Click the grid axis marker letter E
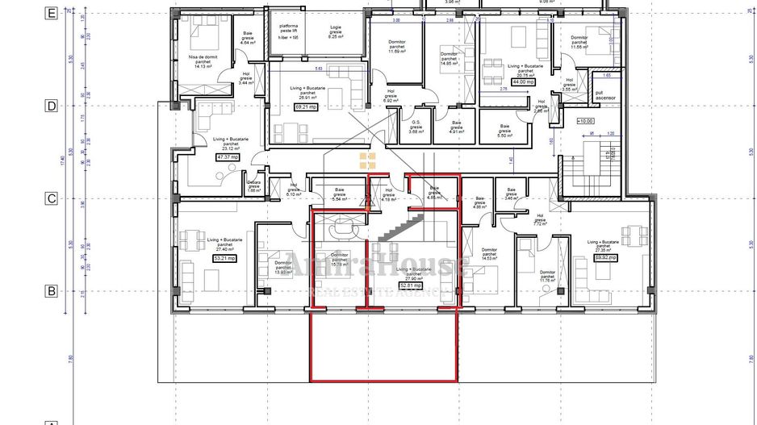51,13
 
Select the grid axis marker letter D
51,106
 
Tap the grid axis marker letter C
51,198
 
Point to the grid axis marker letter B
51,291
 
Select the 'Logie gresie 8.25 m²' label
314,32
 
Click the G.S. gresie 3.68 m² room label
416,127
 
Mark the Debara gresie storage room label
254,185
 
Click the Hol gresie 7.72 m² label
540,219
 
